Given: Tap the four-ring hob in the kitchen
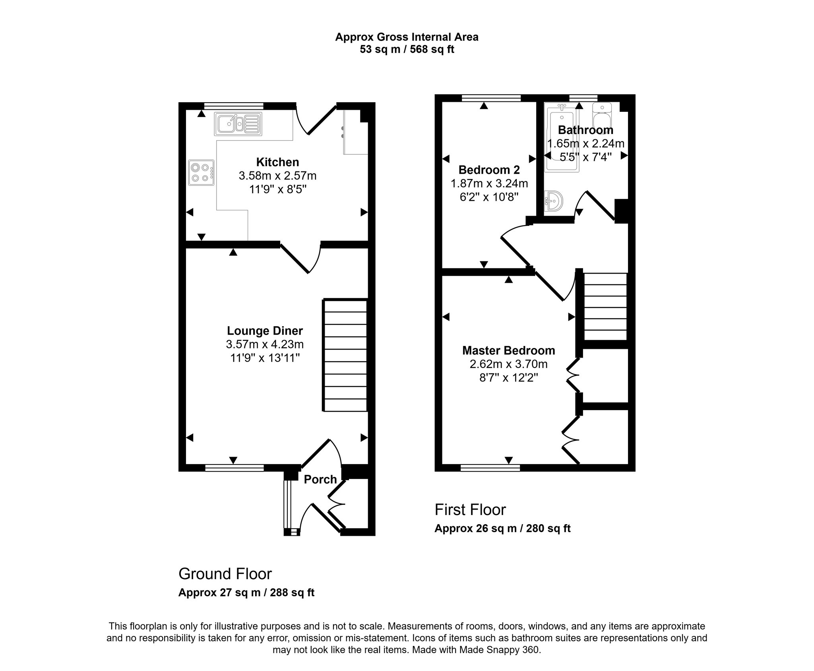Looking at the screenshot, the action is (x=202, y=173).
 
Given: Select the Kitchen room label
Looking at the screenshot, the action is (x=277, y=162).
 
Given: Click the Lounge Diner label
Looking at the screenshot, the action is (x=265, y=331).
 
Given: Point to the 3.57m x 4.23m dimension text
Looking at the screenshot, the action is (x=265, y=344).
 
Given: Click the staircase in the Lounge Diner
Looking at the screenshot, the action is (x=345, y=355).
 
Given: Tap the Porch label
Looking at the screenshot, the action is (x=320, y=479).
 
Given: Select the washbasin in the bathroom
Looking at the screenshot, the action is (x=553, y=201).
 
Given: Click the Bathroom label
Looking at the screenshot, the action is (x=585, y=130).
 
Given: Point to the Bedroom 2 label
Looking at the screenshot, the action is (x=489, y=170).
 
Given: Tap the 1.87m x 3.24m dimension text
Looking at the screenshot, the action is (x=489, y=183).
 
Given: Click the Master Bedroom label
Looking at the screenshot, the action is (x=508, y=350).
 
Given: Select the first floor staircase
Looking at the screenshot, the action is (x=605, y=306).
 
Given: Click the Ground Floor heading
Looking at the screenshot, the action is (x=225, y=574).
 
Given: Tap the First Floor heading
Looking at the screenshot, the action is (x=470, y=510).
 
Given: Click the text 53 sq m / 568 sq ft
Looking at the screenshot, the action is (x=407, y=49).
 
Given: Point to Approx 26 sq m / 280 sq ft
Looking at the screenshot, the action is (x=502, y=528).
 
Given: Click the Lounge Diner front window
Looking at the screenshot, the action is (x=235, y=468).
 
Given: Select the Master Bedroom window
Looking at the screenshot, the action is (x=490, y=468).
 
